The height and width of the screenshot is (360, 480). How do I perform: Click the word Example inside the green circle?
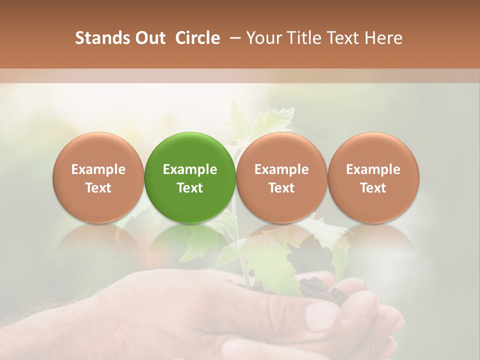click(x=190, y=169)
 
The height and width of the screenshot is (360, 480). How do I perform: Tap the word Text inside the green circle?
click(x=190, y=188)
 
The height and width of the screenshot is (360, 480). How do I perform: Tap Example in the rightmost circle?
click(x=373, y=169)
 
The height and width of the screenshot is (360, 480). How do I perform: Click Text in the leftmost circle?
click(x=98, y=188)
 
